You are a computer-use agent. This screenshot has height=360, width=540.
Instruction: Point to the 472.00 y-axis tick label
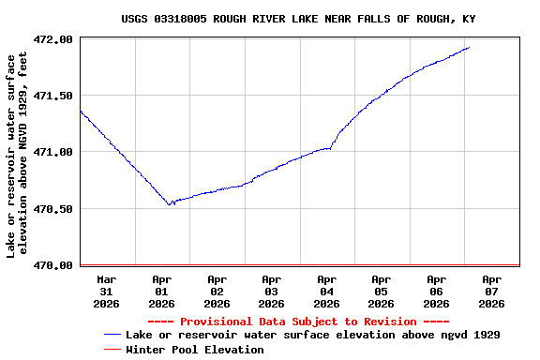(53, 39)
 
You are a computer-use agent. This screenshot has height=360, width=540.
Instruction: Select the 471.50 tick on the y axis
(53, 96)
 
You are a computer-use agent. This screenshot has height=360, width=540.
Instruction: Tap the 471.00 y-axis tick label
(53, 152)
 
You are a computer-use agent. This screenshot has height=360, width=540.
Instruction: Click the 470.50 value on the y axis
(53, 208)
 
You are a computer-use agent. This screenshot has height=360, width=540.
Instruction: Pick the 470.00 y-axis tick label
(53, 265)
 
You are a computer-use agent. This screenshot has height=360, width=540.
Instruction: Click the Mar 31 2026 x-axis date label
(107, 291)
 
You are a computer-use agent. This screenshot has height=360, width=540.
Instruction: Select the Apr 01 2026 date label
(162, 291)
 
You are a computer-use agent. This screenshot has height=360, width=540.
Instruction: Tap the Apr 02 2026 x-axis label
(217, 291)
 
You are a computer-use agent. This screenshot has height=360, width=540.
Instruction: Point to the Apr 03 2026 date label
(272, 291)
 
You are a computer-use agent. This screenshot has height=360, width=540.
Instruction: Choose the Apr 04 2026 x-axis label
(326, 291)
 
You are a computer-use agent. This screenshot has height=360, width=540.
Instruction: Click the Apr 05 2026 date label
(382, 291)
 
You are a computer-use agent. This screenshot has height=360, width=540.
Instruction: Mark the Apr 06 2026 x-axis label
(436, 291)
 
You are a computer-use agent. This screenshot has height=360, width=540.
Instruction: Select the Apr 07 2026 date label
(491, 291)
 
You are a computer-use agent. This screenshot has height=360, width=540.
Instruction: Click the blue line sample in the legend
(112, 335)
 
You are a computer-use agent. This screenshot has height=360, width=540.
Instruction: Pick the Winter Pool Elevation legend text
(195, 349)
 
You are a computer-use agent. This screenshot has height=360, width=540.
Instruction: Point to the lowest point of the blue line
(170, 204)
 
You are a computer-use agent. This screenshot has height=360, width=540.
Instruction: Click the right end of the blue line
(469, 47)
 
